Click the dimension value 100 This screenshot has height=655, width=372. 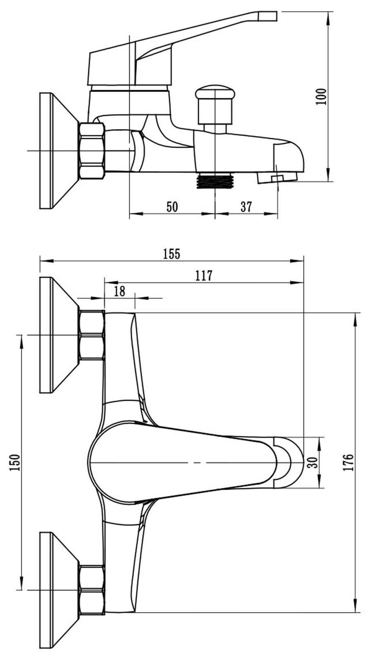pyautogui.click(x=321, y=97)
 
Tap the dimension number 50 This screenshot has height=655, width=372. pyautogui.click(x=172, y=206)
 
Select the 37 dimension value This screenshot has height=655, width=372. pyautogui.click(x=246, y=206)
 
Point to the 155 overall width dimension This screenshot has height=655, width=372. pyautogui.click(x=172, y=253)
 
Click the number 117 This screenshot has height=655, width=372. pyautogui.click(x=204, y=276)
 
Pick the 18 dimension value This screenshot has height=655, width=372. pyautogui.click(x=119, y=291)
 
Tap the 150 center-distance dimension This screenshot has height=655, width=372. pyautogui.click(x=15, y=463)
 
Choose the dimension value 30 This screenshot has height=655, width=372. pyautogui.click(x=313, y=462)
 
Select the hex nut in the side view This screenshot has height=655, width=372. pyautogui.click(x=92, y=151)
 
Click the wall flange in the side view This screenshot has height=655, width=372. pyautogui.click(x=59, y=151)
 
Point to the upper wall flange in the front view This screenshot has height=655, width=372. pyautogui.click(x=59, y=335)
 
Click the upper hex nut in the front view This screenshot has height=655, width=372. pyautogui.click(x=92, y=335)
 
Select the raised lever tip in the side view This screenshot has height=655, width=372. pyautogui.click(x=267, y=16)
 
